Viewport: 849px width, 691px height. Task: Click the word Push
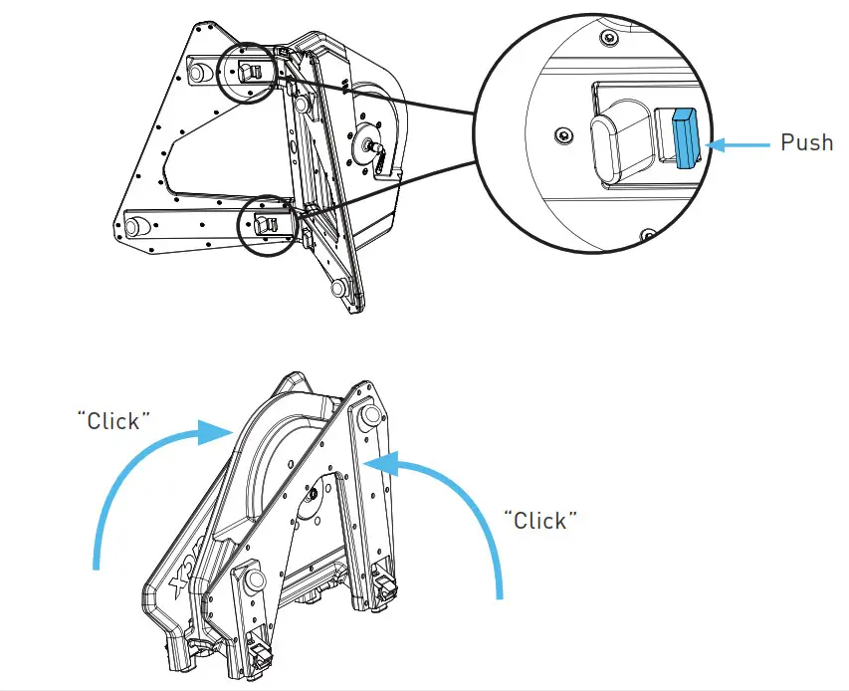(806, 143)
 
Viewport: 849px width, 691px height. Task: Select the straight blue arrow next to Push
(739, 144)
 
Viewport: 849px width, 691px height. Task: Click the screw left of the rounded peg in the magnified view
(564, 133)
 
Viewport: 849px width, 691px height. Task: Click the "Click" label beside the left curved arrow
(113, 419)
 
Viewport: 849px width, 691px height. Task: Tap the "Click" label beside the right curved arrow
(540, 520)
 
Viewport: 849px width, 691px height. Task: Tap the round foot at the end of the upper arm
(193, 72)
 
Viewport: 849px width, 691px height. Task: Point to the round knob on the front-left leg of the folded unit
(249, 577)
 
